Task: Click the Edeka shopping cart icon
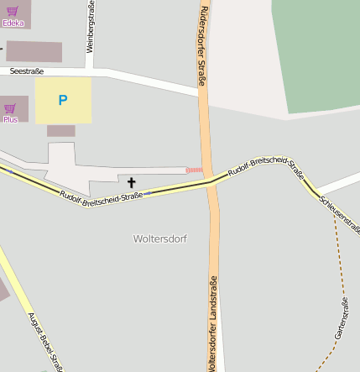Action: coord(12,11)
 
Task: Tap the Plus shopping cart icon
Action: coord(10,107)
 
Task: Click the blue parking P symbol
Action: coord(62,101)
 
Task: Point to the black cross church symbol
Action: coord(131,182)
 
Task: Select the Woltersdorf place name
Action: coord(159,238)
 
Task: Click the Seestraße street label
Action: coord(27,71)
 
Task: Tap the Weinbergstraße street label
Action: coord(91,28)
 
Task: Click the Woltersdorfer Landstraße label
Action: coord(213,323)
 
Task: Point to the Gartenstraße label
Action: coord(342,318)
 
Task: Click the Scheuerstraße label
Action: coord(339,214)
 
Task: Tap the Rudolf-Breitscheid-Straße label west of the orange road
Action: coord(102,195)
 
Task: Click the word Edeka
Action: coord(13,24)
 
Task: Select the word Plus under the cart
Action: coord(10,119)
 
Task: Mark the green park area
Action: coord(316,50)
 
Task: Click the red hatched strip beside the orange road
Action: coord(194,170)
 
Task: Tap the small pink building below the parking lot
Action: coord(60,131)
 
